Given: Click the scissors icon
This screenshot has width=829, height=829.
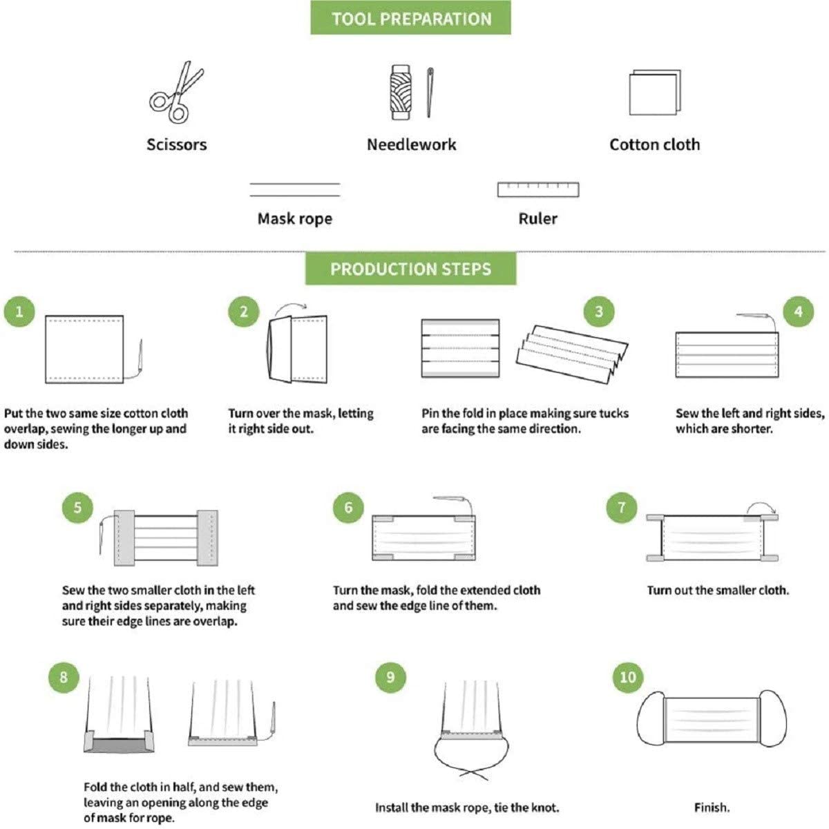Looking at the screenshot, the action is pos(175,93).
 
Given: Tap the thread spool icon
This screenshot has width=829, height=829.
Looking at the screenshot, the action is pos(401,92).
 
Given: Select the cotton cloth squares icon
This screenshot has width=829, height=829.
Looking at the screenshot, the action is pos(655,92).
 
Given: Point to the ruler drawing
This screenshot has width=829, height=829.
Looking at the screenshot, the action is pos(538,189).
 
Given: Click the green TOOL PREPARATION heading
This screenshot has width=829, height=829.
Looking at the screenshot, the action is pos(411,18).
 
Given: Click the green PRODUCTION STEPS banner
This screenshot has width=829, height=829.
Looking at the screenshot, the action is pos(411,269).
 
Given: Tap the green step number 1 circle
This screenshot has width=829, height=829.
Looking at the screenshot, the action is pos(19,312).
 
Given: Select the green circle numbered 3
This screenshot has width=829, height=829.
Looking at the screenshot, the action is pos(599,312).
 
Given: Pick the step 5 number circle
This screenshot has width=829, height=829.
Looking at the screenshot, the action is pos(77,507).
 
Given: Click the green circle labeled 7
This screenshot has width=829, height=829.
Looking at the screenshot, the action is pos(621,507).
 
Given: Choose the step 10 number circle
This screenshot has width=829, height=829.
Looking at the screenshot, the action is pos(628,677).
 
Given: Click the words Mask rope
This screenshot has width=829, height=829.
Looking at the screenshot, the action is pos(295,219).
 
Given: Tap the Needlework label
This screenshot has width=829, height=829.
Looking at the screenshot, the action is pos(411,144).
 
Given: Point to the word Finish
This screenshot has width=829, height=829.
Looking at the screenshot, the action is pos(712,808).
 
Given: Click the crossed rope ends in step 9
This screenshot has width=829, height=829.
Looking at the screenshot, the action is pos(474,774).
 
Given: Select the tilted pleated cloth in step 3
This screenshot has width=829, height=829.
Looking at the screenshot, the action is pos(572,354).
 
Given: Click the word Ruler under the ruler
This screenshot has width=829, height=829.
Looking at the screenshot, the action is pos(537,219).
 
